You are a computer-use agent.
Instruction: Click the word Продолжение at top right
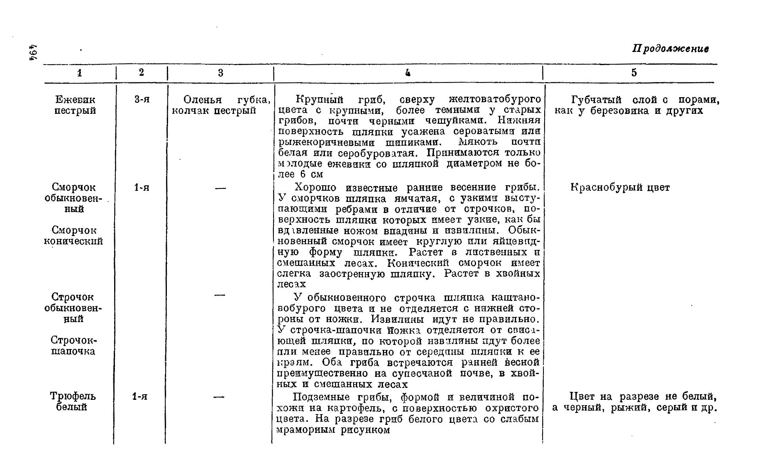[x=670, y=49]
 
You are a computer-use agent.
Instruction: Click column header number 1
[x=80, y=73]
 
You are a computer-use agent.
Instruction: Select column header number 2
[x=141, y=72]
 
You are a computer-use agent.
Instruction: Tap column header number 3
[x=220, y=73]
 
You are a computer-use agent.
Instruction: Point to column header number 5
[x=634, y=73]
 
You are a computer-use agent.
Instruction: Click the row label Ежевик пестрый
[x=75, y=105]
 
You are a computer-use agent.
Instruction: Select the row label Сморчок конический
[x=73, y=236]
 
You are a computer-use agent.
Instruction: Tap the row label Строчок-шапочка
[x=74, y=345]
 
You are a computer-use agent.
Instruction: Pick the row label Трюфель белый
[x=73, y=401]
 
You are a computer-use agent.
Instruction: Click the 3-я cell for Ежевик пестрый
[x=142, y=100]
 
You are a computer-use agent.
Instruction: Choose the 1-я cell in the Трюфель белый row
[x=140, y=396]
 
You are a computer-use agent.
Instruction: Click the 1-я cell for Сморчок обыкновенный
[x=142, y=188]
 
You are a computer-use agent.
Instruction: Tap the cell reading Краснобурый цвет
[x=620, y=188]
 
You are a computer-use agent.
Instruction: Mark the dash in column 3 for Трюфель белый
[x=219, y=397]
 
